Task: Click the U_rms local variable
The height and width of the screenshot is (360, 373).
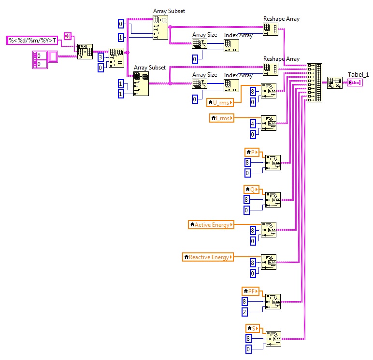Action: [220, 102]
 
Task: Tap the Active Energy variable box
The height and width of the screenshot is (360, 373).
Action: [211, 224]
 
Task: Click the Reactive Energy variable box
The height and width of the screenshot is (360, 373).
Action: [208, 257]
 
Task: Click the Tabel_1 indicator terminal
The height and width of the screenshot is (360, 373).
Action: [355, 83]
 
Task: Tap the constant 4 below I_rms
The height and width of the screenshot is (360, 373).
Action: [252, 124]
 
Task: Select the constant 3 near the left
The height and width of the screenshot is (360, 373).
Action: [100, 57]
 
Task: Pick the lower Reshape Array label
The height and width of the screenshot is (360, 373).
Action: [281, 59]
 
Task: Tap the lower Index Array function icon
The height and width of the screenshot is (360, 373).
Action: [231, 84]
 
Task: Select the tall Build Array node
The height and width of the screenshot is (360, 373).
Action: [315, 82]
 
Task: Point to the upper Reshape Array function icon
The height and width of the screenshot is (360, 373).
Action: [270, 28]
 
